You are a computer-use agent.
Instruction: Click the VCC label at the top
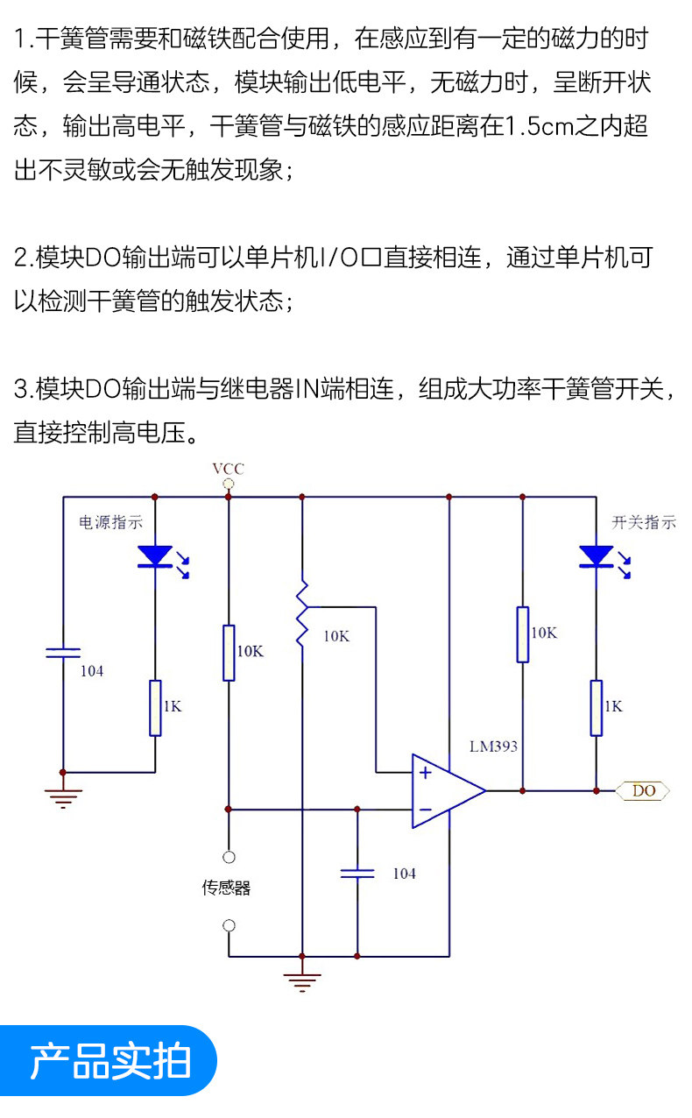click(228, 470)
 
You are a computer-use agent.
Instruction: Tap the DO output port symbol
click(644, 790)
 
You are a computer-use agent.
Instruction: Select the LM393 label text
click(493, 747)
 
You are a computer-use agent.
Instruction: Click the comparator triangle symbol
click(446, 790)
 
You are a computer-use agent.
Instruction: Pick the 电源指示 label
click(111, 523)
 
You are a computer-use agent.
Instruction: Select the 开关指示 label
click(644, 523)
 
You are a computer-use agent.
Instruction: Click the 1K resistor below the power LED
click(155, 707)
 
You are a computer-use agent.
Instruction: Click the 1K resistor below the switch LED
click(596, 707)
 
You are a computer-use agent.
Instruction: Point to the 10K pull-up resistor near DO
click(522, 633)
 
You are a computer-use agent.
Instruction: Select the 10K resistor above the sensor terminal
click(229, 652)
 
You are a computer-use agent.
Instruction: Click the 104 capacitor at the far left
click(63, 652)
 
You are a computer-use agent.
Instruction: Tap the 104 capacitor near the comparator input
click(357, 873)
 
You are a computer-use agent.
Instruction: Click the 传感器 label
click(227, 888)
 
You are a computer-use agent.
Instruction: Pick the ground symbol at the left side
click(63, 797)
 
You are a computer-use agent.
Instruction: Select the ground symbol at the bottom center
click(302, 980)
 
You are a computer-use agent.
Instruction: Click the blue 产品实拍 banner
click(109, 1061)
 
